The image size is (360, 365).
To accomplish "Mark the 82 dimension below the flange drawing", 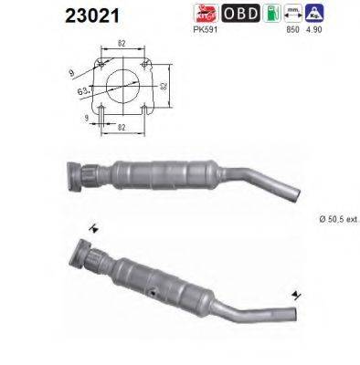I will [x=121, y=130].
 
